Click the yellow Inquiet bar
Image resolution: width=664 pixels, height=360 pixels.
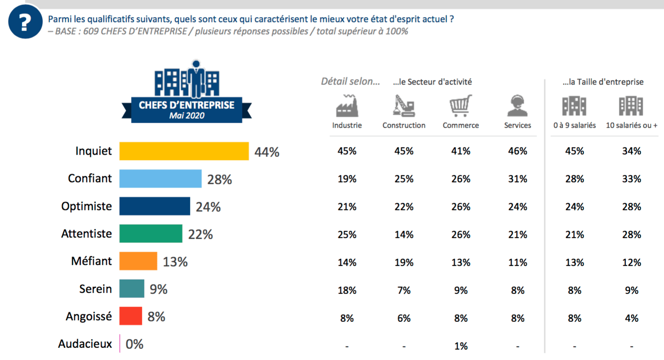click(x=184, y=151)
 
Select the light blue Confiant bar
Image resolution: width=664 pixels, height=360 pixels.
click(x=160, y=179)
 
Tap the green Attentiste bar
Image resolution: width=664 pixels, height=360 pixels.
click(x=151, y=234)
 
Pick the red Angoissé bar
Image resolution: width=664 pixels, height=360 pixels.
click(x=131, y=316)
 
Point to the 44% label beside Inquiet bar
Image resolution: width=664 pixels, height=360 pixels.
click(x=267, y=152)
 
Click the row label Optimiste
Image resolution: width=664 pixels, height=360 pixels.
click(x=87, y=206)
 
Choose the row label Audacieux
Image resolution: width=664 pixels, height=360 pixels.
click(x=85, y=344)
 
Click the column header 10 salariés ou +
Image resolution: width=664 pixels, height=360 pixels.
click(x=631, y=125)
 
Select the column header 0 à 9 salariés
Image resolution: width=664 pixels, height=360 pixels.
click(x=575, y=125)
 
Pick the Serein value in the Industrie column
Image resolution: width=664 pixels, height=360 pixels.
click(x=347, y=290)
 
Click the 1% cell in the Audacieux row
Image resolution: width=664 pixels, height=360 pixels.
click(x=461, y=346)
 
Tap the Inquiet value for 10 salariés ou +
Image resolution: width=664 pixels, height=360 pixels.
click(x=631, y=151)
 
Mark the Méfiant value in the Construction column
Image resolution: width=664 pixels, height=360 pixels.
click(x=404, y=262)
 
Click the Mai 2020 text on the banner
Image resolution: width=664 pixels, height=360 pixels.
click(x=186, y=116)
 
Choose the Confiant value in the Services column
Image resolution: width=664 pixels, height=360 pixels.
click(x=518, y=179)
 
